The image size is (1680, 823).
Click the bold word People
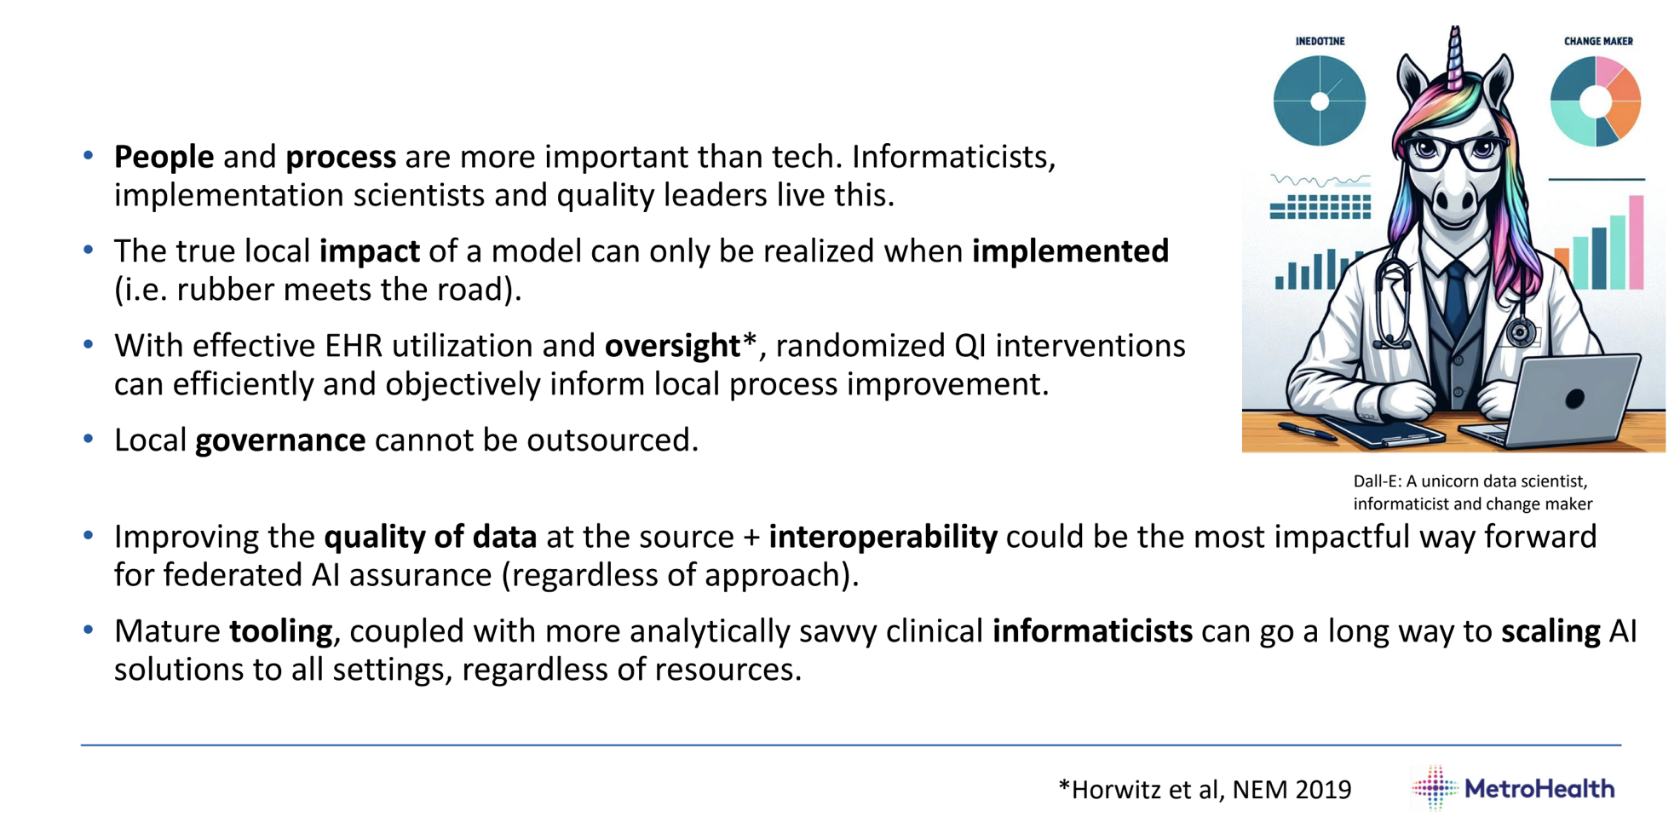pyautogui.click(x=164, y=157)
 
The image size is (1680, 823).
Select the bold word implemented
pyautogui.click(x=1070, y=251)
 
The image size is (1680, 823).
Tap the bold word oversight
pyautogui.click(x=673, y=346)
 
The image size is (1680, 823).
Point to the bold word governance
pyautogui.click(x=280, y=440)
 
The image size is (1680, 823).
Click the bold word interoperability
pyautogui.click(x=883, y=537)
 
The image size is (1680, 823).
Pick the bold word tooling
pyautogui.click(x=281, y=631)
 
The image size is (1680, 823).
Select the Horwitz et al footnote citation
pyautogui.click(x=1205, y=790)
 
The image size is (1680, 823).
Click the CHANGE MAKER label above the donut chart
pyautogui.click(x=1598, y=41)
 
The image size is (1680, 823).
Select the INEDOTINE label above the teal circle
pyautogui.click(x=1320, y=41)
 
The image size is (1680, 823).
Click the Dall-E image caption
pyautogui.click(x=1471, y=492)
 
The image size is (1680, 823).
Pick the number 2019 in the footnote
pyautogui.click(x=1323, y=790)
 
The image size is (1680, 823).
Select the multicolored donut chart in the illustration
pyautogui.click(x=1596, y=101)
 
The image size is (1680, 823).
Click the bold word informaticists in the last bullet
pyautogui.click(x=1092, y=631)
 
